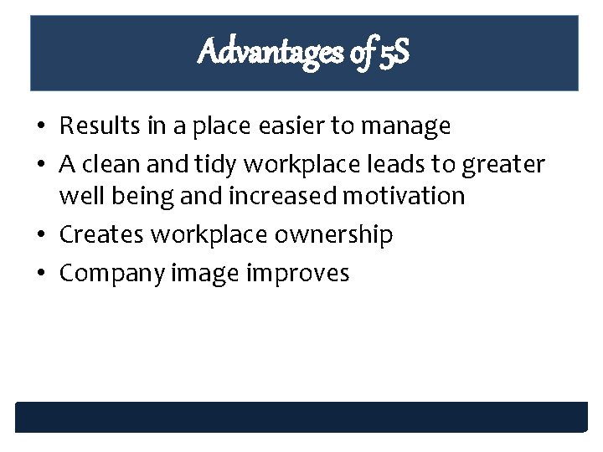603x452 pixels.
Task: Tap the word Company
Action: (x=111, y=274)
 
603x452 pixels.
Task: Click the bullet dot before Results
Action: (x=40, y=127)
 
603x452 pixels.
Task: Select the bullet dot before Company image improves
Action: (x=40, y=274)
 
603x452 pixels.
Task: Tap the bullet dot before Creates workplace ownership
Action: (x=40, y=235)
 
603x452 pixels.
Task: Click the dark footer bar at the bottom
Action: (x=301, y=417)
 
